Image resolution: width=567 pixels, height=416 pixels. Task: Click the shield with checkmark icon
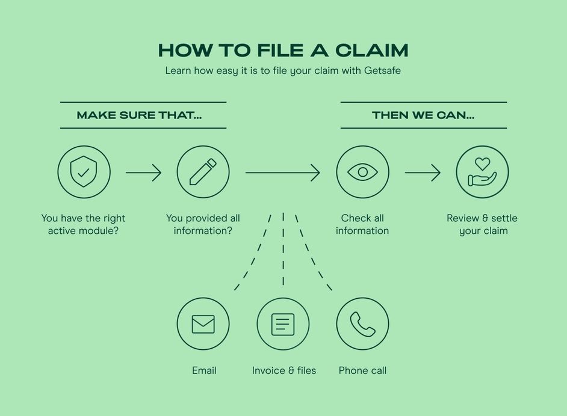click(84, 172)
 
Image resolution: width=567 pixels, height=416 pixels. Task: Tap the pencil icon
click(203, 172)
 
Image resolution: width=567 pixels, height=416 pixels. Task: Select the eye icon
click(362, 172)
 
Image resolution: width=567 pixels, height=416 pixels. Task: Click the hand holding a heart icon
click(482, 172)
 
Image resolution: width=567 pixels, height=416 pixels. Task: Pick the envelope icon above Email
click(203, 324)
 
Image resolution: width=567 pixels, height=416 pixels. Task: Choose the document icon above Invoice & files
click(283, 324)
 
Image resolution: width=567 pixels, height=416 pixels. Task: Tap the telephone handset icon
click(362, 324)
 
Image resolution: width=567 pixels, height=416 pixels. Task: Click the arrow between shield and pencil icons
click(143, 173)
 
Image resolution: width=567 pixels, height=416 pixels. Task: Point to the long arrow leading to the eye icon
click(282, 173)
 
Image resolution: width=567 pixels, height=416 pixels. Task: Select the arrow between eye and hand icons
click(423, 173)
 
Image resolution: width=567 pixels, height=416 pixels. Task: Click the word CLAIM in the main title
click(371, 50)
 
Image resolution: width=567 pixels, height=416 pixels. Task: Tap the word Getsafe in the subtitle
click(382, 71)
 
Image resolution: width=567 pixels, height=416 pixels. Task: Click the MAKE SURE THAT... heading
click(139, 115)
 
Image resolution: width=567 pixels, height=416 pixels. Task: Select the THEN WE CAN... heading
click(423, 115)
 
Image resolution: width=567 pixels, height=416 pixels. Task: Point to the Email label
click(204, 370)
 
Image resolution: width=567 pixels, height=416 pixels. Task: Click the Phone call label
click(362, 370)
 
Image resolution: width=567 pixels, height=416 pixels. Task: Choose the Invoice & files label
click(284, 370)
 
